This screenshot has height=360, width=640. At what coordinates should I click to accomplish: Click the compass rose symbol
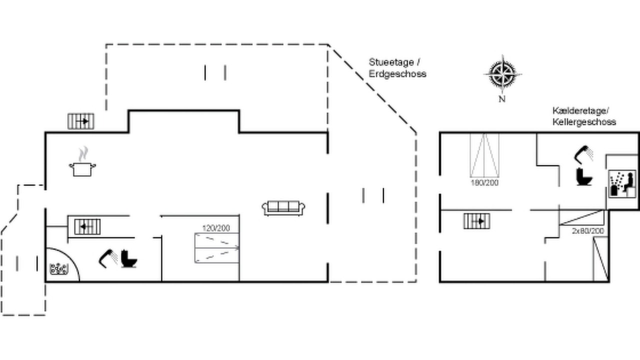(502, 74)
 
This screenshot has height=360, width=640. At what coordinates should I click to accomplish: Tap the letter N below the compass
(502, 99)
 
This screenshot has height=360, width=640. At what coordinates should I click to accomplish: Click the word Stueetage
(391, 62)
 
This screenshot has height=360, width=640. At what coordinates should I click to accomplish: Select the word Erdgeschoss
(397, 73)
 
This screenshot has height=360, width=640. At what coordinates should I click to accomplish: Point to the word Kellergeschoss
(584, 122)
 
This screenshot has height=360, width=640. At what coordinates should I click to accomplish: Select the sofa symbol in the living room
(283, 208)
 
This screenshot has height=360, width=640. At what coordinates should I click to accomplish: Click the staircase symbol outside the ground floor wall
(81, 121)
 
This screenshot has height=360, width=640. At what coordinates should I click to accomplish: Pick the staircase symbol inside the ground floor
(87, 226)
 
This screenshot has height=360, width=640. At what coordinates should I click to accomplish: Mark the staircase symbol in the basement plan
(477, 221)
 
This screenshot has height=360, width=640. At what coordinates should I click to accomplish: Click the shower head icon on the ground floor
(108, 258)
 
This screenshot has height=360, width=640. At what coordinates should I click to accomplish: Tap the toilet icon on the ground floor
(129, 259)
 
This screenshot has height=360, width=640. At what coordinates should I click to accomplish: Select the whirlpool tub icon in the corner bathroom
(59, 269)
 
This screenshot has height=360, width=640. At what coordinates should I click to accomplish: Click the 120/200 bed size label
(216, 228)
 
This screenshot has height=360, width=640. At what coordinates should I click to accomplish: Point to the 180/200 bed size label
(484, 183)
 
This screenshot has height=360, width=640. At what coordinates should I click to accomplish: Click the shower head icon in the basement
(583, 155)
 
